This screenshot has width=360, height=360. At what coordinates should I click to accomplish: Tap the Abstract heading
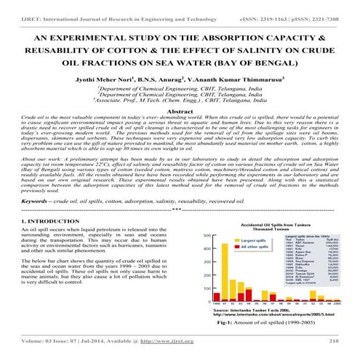pos(179,111)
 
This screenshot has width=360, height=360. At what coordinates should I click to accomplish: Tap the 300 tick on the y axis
pos(207,271)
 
